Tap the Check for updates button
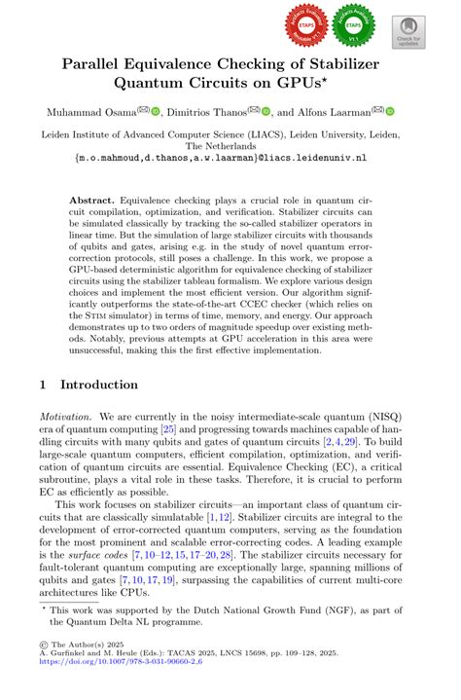pyautogui.click(x=409, y=31)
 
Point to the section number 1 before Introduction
pyautogui.click(x=44, y=386)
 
